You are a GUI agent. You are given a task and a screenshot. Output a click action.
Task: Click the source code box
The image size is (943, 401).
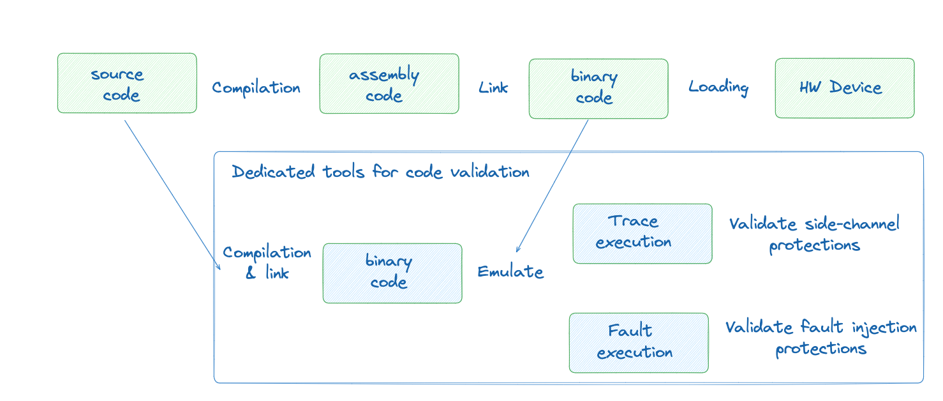(x=127, y=83)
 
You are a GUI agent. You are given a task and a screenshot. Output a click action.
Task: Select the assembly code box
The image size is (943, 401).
(x=389, y=84)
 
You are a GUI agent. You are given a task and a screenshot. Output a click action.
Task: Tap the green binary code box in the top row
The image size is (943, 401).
(x=598, y=89)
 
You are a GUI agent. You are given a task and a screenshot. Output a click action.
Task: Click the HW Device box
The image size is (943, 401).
(x=844, y=88)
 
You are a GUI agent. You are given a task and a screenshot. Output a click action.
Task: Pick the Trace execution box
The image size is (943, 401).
(x=642, y=233)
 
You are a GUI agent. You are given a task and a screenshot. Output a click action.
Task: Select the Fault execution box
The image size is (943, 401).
(x=638, y=343)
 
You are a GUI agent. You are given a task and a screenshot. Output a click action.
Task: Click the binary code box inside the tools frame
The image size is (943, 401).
(x=392, y=273)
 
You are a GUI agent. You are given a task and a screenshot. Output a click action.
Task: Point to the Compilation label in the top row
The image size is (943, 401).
(x=256, y=88)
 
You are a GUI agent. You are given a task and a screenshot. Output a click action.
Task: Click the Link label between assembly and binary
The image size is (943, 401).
(x=493, y=87)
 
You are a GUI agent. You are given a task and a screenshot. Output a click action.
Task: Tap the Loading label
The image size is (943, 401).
(x=718, y=87)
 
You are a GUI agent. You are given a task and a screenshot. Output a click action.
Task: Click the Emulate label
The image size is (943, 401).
(x=510, y=272)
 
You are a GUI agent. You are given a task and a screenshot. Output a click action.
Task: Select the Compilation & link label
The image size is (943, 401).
(x=267, y=262)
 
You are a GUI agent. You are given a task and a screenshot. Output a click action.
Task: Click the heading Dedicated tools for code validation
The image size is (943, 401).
(x=380, y=172)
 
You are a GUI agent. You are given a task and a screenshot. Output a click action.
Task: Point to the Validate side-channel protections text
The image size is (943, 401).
(x=814, y=234)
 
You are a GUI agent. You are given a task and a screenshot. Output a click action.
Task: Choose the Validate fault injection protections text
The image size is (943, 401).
(x=820, y=338)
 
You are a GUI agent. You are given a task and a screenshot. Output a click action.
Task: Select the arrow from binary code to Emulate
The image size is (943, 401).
(x=553, y=185)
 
